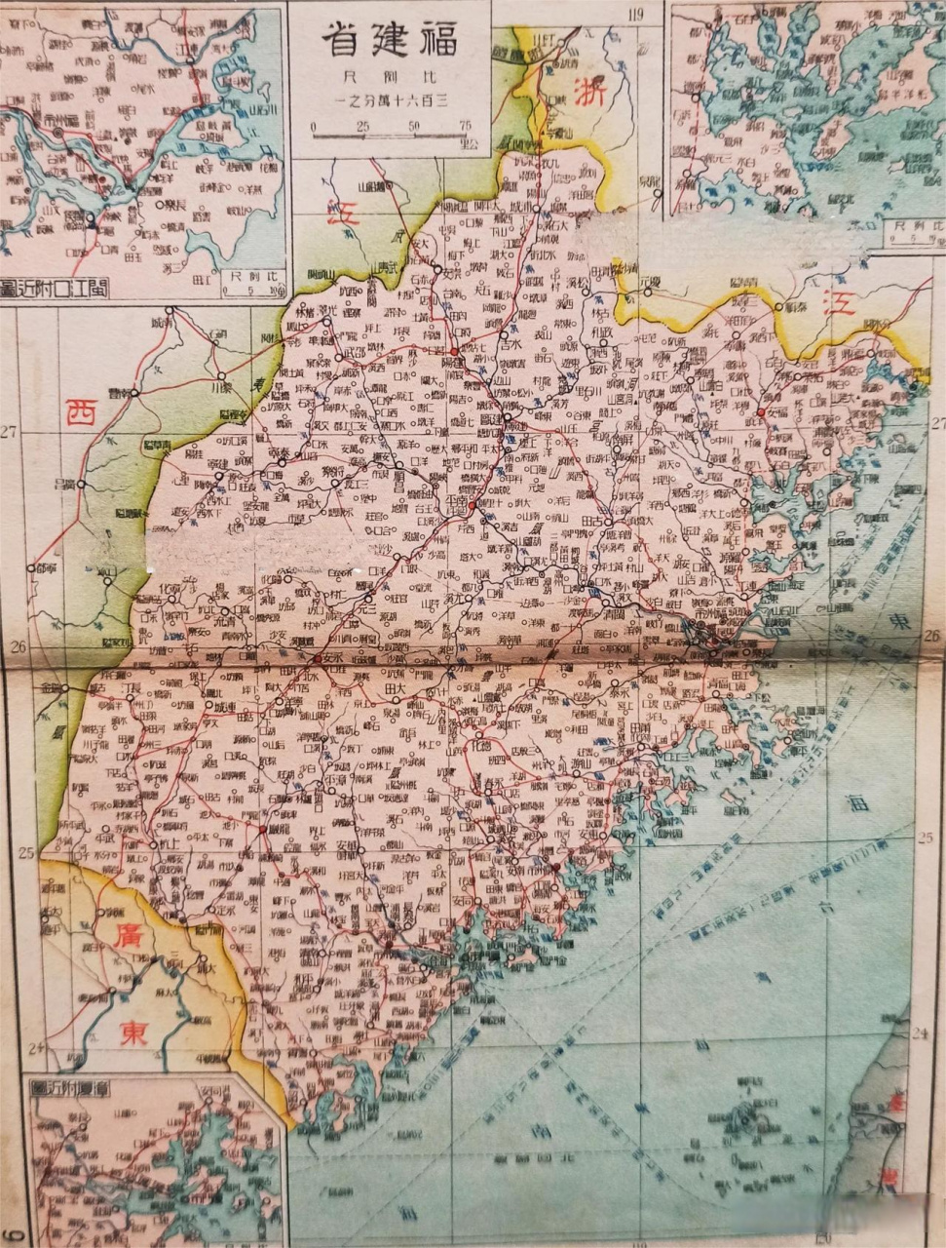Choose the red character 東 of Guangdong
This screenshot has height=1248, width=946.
coord(134,1033)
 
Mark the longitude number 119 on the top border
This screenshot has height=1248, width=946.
coord(637,13)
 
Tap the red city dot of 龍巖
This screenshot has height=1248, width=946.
coord(262,829)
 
